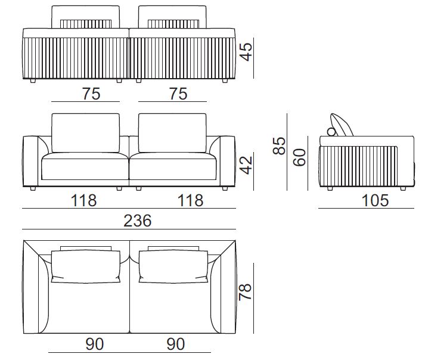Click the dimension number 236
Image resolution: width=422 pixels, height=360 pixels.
point(138,221)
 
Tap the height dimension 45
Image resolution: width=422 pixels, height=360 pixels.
point(246,52)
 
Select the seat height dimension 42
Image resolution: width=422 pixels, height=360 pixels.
point(246,165)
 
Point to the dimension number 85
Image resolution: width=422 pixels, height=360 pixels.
point(279,146)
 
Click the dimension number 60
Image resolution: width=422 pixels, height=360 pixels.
point(300,157)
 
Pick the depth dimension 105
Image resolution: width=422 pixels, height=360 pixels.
point(375,201)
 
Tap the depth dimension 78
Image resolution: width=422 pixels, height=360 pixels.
point(246,291)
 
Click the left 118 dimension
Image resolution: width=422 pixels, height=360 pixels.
point(83,201)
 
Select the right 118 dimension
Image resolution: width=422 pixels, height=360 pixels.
point(190,201)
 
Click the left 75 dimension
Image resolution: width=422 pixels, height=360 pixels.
point(91,94)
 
